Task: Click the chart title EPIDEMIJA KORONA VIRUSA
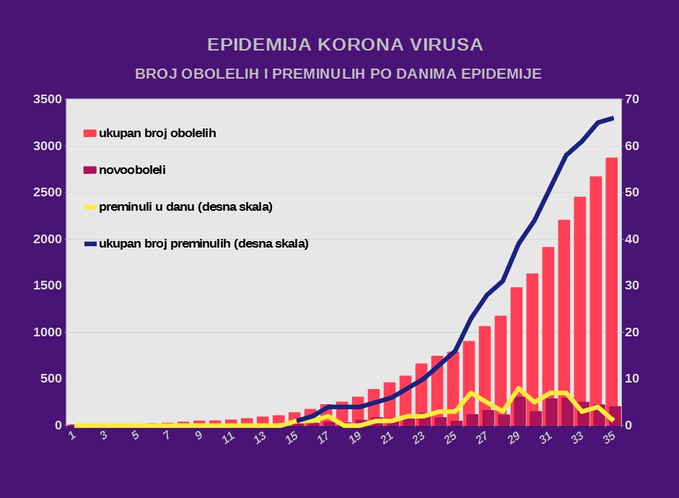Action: [345, 45]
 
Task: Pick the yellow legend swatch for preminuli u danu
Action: [90, 207]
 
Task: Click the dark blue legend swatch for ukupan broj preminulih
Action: [90, 244]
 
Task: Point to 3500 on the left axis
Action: [47, 99]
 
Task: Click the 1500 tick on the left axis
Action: [47, 285]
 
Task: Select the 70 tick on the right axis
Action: [632, 99]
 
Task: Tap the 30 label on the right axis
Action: [632, 285]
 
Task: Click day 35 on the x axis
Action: [609, 437]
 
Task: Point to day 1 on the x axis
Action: [72, 434]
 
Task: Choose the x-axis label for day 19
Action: [355, 437]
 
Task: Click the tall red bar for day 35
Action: [611, 292]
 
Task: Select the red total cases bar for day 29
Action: [517, 357]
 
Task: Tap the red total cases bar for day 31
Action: [548, 336]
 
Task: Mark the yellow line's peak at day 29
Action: [519, 388]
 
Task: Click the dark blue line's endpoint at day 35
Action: [613, 118]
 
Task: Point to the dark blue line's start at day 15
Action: [297, 421]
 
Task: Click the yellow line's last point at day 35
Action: [613, 421]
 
